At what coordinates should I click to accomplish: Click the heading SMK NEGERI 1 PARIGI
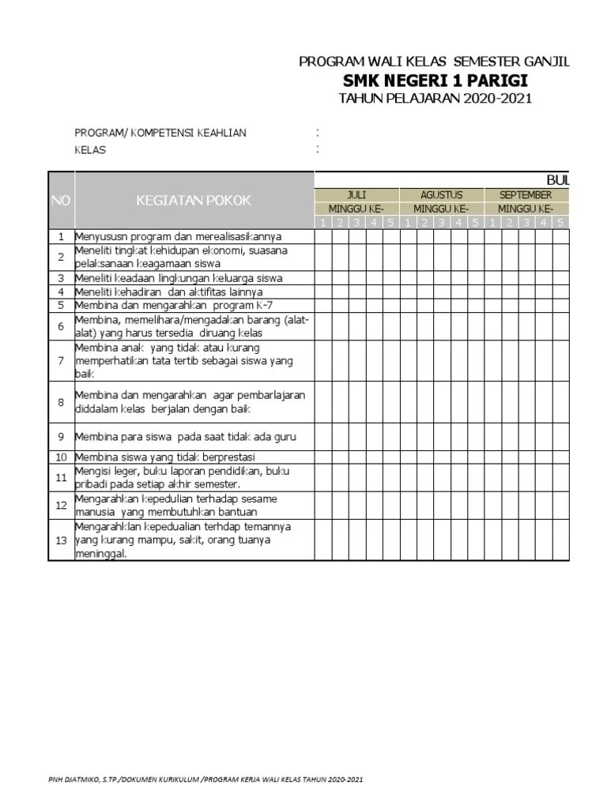(434, 81)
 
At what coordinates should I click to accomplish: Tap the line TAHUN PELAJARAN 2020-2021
(434, 99)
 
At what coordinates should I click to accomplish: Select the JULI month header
(356, 194)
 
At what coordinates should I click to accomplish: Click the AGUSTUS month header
(442, 194)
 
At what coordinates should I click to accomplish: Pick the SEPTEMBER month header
(525, 194)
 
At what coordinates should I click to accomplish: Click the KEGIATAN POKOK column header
(194, 201)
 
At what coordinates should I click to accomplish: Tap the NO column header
(61, 201)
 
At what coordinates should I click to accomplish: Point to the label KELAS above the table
(89, 149)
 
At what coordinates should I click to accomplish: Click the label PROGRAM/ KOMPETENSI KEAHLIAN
(160, 133)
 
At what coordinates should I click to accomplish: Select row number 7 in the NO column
(61, 361)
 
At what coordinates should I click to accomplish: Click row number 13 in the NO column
(61, 540)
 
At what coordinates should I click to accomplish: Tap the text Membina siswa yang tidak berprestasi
(167, 457)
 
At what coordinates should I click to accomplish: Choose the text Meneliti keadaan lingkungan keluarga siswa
(178, 278)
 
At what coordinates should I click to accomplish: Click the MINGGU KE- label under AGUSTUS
(442, 209)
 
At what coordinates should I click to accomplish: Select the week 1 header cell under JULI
(322, 222)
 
